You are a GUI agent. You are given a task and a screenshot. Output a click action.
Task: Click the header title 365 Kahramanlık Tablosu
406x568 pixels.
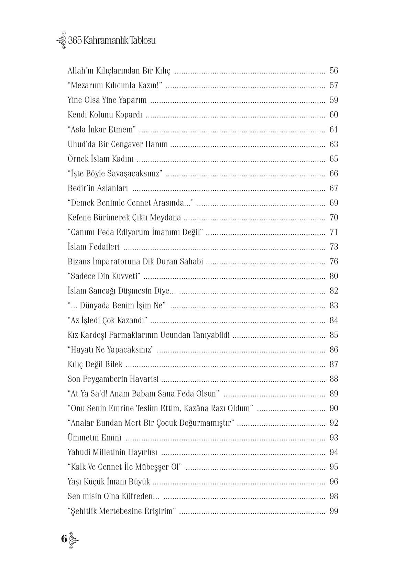(112, 41)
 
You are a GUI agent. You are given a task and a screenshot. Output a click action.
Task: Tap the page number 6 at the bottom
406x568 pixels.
(64, 538)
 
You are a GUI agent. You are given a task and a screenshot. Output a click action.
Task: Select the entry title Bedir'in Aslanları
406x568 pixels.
(98, 188)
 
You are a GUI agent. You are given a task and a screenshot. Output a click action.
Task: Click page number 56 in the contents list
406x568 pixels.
(333, 71)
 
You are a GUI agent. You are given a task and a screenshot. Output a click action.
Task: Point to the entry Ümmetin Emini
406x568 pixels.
(95, 438)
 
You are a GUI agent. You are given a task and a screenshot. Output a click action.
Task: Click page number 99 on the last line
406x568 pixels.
(333, 511)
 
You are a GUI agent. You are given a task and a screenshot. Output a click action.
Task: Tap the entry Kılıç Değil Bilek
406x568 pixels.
(95, 365)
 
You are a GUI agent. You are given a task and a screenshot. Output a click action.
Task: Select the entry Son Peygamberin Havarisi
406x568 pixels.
(113, 379)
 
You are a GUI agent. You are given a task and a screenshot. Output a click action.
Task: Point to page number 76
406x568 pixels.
(333, 262)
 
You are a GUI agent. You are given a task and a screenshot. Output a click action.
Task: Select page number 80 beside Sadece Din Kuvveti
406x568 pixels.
(333, 276)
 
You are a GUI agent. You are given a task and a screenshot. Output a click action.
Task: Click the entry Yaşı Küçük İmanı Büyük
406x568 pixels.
(109, 482)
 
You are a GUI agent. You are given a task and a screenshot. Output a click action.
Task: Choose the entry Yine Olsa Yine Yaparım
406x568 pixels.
(107, 100)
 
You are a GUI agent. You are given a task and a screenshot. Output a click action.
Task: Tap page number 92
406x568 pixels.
(333, 423)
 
